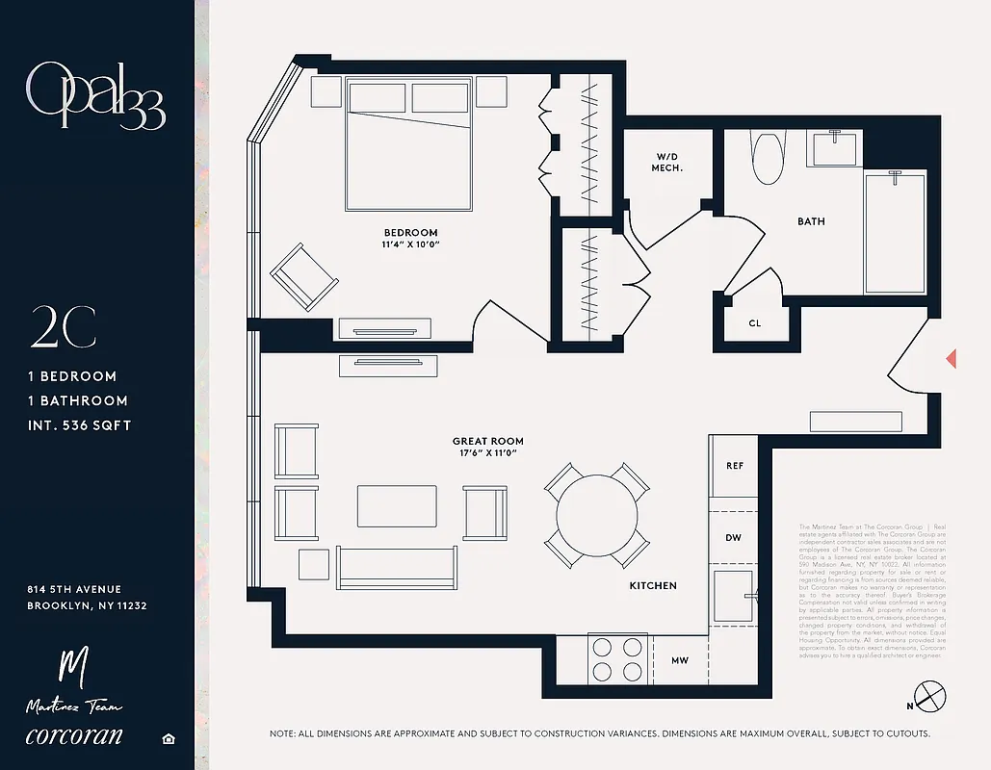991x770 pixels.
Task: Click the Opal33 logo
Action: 95,95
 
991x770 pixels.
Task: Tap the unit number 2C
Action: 63,330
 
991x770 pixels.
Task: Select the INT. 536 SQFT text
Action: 79,425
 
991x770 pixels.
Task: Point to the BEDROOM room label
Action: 410,233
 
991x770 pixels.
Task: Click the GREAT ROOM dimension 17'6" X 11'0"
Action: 487,453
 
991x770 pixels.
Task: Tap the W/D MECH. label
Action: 668,162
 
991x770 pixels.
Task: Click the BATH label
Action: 811,221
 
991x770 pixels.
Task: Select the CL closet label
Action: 754,323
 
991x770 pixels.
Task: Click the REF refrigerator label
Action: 734,466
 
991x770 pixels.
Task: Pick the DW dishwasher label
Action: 733,537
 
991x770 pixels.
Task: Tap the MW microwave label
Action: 679,661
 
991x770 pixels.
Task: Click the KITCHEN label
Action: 653,585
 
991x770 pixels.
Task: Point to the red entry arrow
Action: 951,359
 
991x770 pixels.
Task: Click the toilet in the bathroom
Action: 768,156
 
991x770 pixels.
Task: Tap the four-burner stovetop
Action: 616,659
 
